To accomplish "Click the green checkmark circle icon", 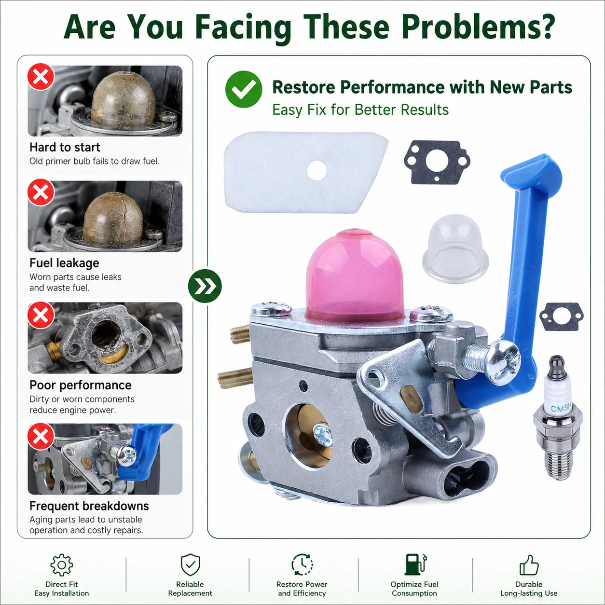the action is point(244,89).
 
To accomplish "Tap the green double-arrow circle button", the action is point(205,286).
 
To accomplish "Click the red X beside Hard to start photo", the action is point(41,77).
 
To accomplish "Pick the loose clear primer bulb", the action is point(455,249).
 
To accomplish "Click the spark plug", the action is point(558,418).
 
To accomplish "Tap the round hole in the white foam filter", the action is point(316,170).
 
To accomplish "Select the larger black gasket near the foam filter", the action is point(437,162).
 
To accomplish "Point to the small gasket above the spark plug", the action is point(562,316).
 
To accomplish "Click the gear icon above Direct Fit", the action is point(62,565).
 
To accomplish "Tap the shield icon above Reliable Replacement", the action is point(190,565).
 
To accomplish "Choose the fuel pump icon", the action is point(415,564).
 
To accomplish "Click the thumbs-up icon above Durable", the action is point(529,565).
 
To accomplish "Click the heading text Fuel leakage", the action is point(64,263).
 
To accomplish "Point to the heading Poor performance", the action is point(81,385).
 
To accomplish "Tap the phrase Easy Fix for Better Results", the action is point(360,110).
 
